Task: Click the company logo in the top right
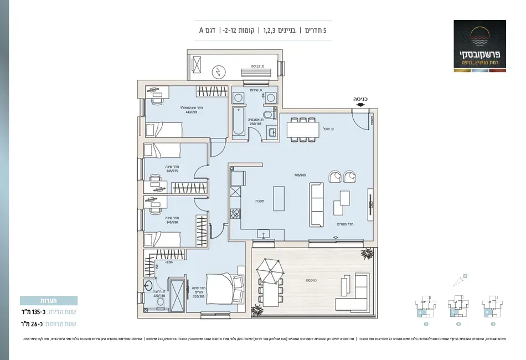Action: (x=479, y=44)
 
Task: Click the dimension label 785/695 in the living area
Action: (x=300, y=175)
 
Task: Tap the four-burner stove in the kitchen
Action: (x=235, y=214)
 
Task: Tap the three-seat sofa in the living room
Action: (x=316, y=205)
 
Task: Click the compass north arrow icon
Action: (x=463, y=279)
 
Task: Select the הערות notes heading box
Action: (x=49, y=301)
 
